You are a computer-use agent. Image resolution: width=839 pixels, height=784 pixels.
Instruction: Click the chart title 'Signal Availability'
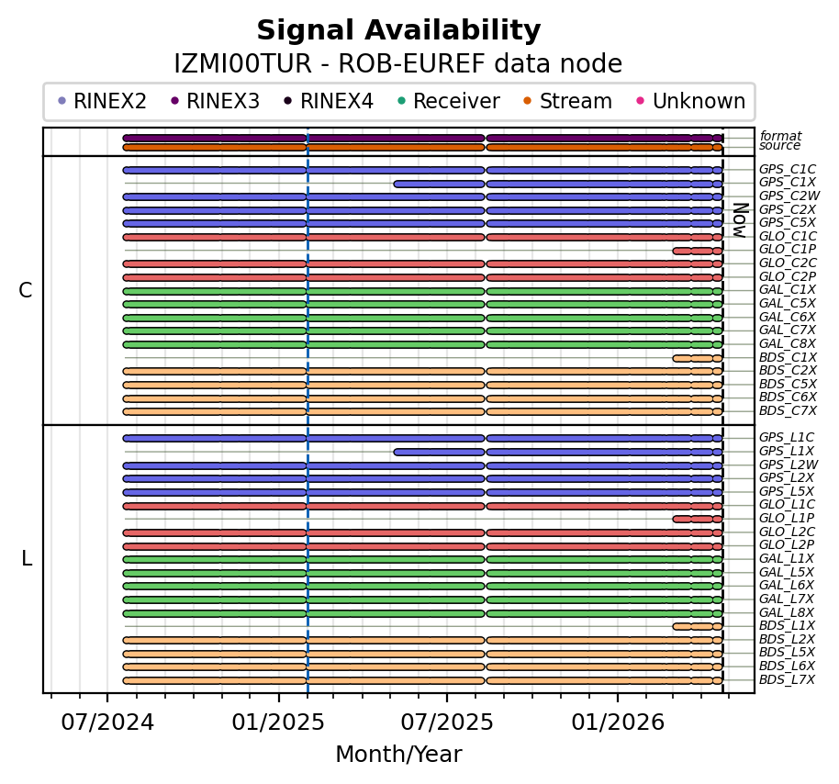pos(398,31)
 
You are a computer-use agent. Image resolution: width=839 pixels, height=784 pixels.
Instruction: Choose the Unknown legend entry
pos(698,101)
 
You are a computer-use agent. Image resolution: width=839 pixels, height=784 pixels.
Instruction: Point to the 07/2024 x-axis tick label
pos(107,722)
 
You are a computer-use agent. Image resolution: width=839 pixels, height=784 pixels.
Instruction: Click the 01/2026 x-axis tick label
pos(617,722)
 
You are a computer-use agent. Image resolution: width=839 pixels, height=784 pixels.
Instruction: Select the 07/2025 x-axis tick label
pos(447,722)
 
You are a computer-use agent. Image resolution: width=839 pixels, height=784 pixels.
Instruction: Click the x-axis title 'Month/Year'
pos(398,755)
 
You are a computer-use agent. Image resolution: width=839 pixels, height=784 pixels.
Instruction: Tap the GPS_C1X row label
pos(787,184)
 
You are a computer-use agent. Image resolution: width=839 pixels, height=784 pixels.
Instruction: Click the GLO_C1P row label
pos(787,251)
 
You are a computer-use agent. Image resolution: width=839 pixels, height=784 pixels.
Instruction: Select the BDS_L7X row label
pos(787,680)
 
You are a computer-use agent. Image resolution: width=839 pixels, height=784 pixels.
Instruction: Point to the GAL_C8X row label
pos(787,344)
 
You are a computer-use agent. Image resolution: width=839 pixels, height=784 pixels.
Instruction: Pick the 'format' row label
pos(779,136)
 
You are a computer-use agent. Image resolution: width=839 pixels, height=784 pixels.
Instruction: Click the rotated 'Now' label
pos(739,220)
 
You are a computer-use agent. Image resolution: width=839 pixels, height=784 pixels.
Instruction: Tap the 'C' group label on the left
pos(26,291)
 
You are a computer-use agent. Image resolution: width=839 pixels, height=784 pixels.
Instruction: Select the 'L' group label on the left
pos(27,559)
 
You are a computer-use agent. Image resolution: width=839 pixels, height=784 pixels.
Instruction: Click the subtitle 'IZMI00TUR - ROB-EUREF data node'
pos(398,64)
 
